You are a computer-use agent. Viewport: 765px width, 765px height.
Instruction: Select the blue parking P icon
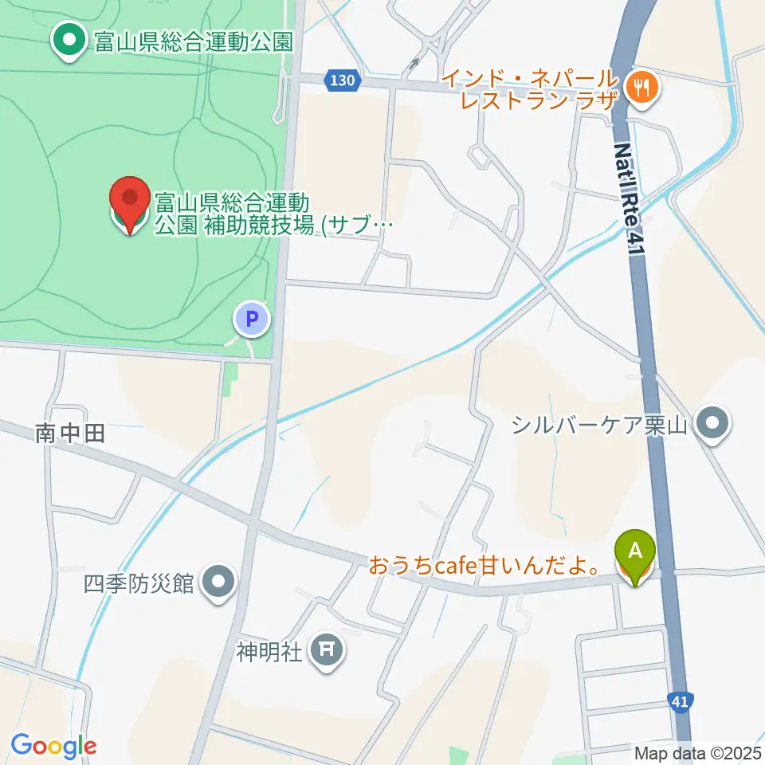pos(252,320)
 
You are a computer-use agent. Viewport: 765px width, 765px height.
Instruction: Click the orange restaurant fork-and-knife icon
pos(641,86)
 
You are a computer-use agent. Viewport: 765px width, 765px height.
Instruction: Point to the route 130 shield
pos(341,80)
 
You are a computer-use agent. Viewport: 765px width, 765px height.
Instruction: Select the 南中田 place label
pos(71,433)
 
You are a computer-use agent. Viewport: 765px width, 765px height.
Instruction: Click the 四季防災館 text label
pos(139,583)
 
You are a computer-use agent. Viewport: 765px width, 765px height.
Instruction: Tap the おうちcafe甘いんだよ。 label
pos(484,567)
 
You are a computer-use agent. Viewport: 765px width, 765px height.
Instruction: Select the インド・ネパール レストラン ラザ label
pos(530,89)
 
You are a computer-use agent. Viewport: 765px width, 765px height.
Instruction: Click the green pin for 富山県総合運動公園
pos(69,40)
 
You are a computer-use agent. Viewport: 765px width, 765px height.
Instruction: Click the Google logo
pos(53,746)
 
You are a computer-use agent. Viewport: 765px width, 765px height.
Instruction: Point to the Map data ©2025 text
pos(696,752)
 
